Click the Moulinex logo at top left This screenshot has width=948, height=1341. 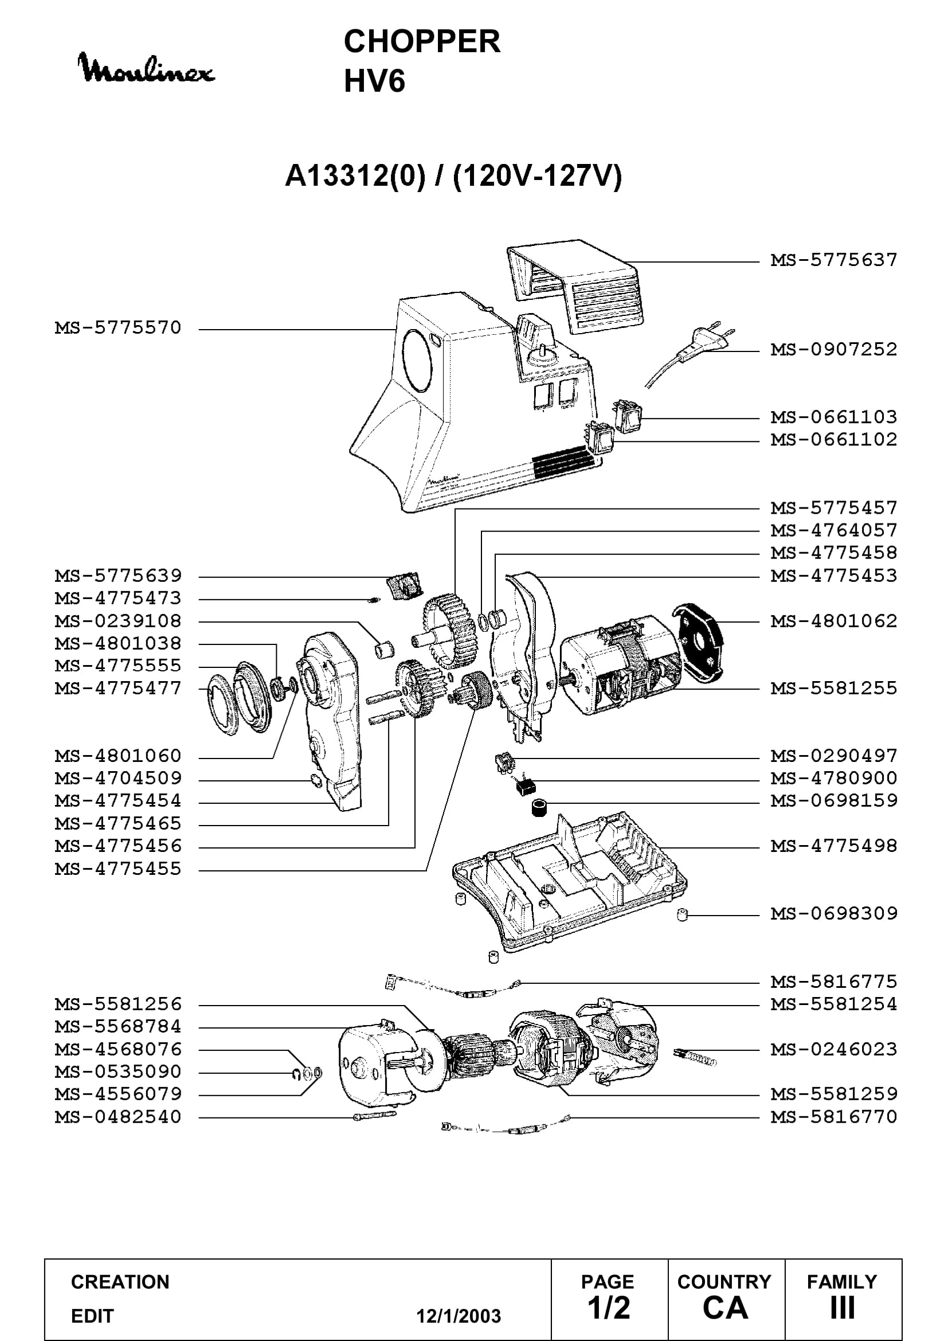coord(146,68)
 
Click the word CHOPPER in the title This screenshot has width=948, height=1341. coord(421,41)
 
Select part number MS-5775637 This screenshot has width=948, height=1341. coord(833,260)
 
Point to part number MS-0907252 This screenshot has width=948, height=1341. coord(833,349)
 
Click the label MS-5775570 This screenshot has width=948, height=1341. coord(118,328)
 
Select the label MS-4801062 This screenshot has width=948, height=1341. coord(833,621)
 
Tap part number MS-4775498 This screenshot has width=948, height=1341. coord(833,846)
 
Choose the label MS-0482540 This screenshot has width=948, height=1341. coord(118,1117)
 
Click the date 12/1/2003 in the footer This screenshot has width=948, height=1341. coord(459,1316)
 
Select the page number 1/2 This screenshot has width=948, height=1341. coord(609,1308)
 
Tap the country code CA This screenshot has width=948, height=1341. coord(726,1308)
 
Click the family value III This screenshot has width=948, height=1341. coord(843,1308)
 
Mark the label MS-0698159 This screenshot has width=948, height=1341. coord(833,801)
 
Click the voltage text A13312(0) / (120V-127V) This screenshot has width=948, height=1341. coord(453,176)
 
